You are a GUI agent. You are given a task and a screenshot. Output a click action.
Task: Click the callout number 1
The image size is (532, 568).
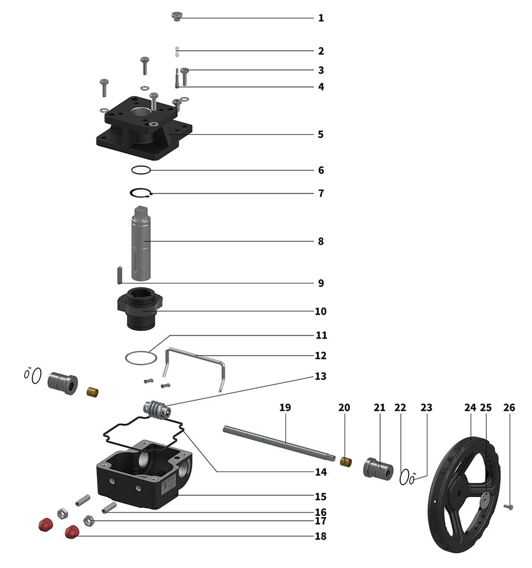321,18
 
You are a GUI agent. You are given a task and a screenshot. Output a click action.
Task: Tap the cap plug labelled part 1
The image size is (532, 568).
176,16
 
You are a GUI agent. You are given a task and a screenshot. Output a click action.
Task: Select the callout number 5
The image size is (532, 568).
321,134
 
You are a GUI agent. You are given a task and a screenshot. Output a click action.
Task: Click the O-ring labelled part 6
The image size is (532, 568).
142,170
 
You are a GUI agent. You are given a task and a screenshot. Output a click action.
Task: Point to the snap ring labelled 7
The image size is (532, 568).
142,193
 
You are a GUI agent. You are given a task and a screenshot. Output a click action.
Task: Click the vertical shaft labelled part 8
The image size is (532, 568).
142,243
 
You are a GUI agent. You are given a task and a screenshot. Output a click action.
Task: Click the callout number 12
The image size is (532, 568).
321,356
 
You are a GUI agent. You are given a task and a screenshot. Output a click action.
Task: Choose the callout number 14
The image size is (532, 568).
321,472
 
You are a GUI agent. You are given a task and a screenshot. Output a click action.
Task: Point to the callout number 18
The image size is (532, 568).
321,537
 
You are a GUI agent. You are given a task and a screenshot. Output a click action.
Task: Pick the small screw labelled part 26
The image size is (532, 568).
509,506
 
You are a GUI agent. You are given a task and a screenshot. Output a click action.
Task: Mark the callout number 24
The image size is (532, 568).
470,408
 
